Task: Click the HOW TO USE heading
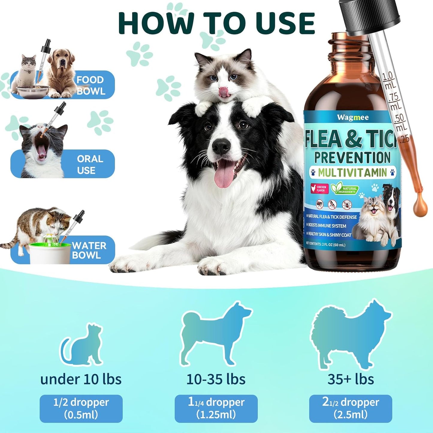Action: [216, 23]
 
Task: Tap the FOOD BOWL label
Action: [90, 85]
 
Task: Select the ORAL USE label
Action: [90, 165]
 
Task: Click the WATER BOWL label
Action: [89, 251]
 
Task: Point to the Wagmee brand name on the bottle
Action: [353, 117]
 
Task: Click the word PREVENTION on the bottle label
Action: [352, 158]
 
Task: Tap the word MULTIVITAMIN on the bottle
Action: [352, 173]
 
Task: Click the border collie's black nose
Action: [221, 146]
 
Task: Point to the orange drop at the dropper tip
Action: [420, 207]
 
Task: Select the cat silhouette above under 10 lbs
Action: [82, 345]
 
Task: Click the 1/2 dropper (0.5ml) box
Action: [81, 408]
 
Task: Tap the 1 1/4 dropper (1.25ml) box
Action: [216, 408]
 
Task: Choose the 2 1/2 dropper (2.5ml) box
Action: [350, 408]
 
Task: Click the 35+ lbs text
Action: [350, 379]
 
